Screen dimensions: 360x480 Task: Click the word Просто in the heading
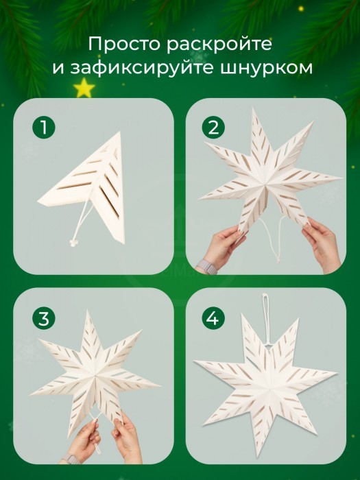click(x=125, y=44)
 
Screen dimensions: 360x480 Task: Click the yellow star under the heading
click(x=84, y=88)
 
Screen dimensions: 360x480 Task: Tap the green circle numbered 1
click(x=44, y=127)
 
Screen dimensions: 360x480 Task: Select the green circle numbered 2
click(x=213, y=127)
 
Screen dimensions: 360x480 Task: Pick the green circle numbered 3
click(x=44, y=318)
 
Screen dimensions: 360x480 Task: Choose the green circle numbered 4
click(x=213, y=318)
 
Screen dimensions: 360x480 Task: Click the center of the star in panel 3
click(x=95, y=374)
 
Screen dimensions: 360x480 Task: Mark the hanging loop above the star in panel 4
click(x=266, y=318)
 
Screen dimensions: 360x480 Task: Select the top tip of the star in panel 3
click(x=88, y=311)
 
